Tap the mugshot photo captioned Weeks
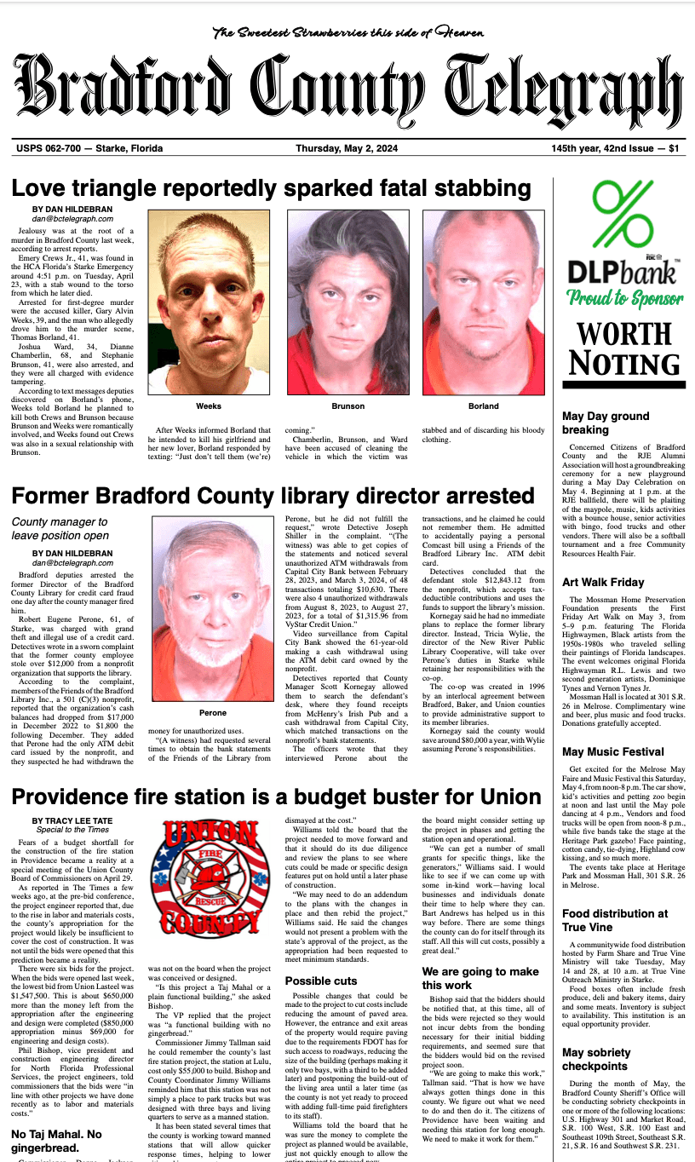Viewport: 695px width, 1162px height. pyautogui.click(x=208, y=302)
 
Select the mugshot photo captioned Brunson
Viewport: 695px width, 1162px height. pyautogui.click(x=347, y=302)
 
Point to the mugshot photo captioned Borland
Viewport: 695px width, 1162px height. pyautogui.click(x=483, y=302)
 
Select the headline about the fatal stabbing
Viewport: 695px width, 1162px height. pyautogui.click(x=271, y=189)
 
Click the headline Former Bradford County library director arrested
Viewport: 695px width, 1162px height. pyautogui.click(x=273, y=497)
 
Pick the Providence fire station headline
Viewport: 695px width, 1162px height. pyautogui.click(x=276, y=797)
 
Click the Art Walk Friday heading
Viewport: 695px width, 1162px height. pyautogui.click(x=603, y=582)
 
